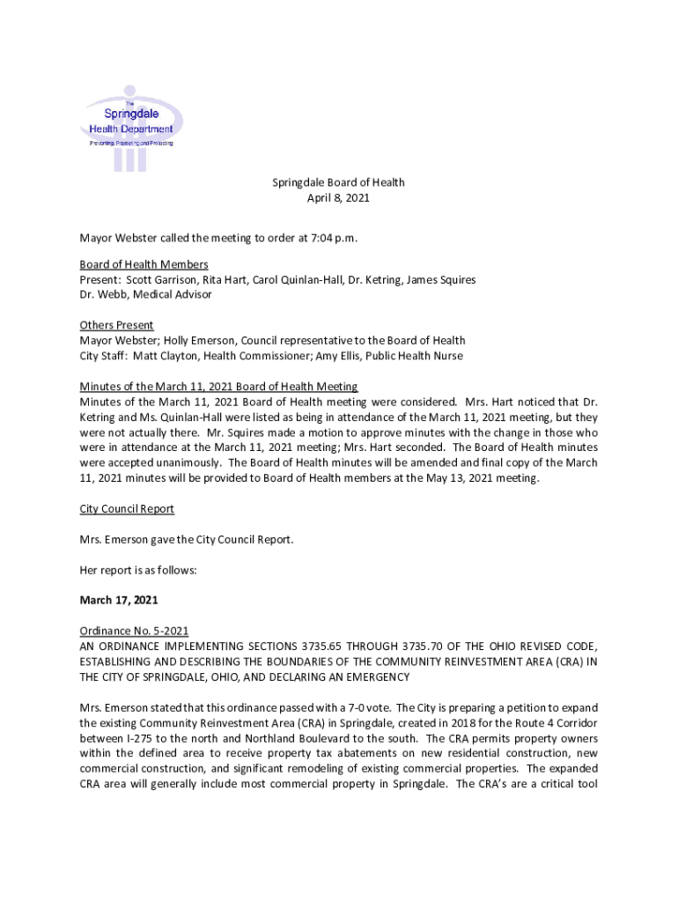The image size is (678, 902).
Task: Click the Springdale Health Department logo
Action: point(132,129)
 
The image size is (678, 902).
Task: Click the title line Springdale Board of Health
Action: point(338,182)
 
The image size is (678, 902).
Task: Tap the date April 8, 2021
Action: point(338,198)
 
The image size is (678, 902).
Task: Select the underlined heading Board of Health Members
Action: point(144,264)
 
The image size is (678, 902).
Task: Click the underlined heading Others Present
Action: point(116,325)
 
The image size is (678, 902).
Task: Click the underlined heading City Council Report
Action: point(127,508)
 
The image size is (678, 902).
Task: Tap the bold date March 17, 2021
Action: point(119,600)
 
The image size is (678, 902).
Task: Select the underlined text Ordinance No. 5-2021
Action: point(134,631)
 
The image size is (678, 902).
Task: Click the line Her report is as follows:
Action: point(138,570)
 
